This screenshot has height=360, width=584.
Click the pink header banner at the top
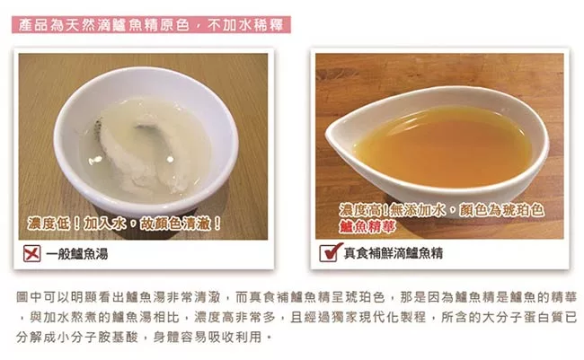[x=151, y=25]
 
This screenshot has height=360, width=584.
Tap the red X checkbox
[x=32, y=253]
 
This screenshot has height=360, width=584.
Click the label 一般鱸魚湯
[x=77, y=254]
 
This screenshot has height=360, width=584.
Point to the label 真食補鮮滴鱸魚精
[x=394, y=253]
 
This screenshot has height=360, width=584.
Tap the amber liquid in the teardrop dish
[x=443, y=147]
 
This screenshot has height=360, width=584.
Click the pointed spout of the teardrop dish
[x=329, y=135]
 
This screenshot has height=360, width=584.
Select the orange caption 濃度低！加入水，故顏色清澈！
[x=124, y=224]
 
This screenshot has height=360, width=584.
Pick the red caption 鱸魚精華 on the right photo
[x=367, y=226]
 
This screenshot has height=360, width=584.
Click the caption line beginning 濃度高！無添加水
[x=441, y=210]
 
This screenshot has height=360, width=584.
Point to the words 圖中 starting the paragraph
[x=29, y=297]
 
